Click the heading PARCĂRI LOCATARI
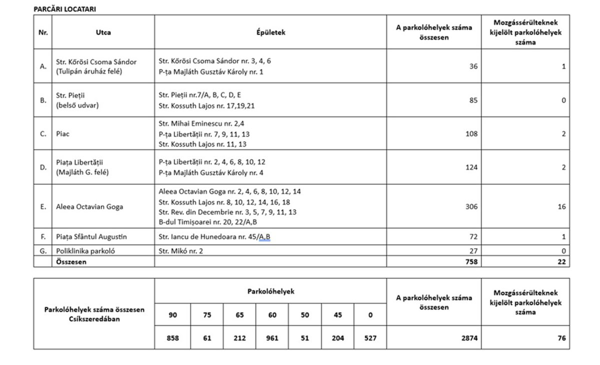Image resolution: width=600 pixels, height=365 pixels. [64, 9]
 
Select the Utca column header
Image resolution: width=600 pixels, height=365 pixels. [103, 32]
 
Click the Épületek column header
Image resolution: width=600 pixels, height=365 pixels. [270, 32]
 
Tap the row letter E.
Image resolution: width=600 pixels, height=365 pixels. [43, 207]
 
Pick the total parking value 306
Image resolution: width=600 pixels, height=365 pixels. [471, 207]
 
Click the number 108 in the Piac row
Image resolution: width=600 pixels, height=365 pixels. [471, 134]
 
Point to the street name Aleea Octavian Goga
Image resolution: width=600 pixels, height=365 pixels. [89, 207]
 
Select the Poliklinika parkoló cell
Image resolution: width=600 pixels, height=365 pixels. [85, 251]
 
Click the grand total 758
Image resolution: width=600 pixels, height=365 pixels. [470, 262]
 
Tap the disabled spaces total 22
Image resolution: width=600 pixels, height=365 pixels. [561, 262]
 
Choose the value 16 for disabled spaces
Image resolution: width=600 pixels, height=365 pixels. [561, 207]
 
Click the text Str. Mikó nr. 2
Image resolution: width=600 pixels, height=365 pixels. [180, 251]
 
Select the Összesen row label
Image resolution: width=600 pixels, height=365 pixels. [71, 262]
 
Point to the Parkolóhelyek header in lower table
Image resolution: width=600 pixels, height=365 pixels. [270, 291]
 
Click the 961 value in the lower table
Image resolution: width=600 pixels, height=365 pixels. [272, 338]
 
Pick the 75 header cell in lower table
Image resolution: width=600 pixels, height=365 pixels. [207, 315]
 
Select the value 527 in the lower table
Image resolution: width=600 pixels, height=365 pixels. [370, 338]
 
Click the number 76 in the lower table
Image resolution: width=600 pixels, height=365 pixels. [561, 338]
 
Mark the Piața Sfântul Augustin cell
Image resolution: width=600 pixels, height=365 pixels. [91, 236]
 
